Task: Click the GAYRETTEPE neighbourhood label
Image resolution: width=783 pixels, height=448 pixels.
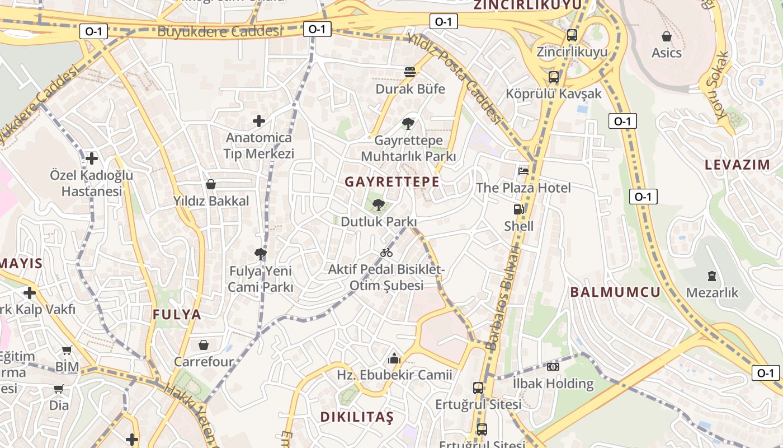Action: tap(391, 182)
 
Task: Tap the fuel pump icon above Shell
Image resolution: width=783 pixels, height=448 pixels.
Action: tap(518, 209)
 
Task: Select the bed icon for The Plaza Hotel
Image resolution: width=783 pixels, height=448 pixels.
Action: tap(523, 171)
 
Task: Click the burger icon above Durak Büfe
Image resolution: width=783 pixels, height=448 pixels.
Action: tap(410, 72)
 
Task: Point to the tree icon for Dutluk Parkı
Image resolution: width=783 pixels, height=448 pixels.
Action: tap(379, 204)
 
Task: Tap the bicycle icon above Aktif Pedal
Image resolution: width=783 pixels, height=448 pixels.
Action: tap(386, 253)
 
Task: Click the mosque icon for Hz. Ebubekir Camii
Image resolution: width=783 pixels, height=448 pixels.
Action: tap(394, 358)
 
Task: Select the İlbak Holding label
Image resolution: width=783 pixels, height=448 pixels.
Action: tap(553, 384)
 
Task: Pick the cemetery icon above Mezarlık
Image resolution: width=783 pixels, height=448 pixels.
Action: tap(711, 276)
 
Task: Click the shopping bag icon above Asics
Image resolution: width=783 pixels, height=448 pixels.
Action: tap(666, 36)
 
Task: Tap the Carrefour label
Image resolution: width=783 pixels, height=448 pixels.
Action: tap(204, 362)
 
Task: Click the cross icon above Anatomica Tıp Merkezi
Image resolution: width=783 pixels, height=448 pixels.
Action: tap(258, 120)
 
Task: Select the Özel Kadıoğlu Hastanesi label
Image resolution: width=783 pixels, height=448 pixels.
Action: tap(92, 183)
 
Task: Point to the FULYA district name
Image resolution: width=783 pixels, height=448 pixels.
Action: tap(177, 315)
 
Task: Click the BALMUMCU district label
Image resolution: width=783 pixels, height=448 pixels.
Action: tap(615, 292)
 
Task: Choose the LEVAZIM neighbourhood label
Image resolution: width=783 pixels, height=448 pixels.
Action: tap(737, 165)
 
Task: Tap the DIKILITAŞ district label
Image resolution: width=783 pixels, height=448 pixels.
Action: tap(357, 417)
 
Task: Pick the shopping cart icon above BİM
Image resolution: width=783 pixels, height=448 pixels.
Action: tap(67, 351)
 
